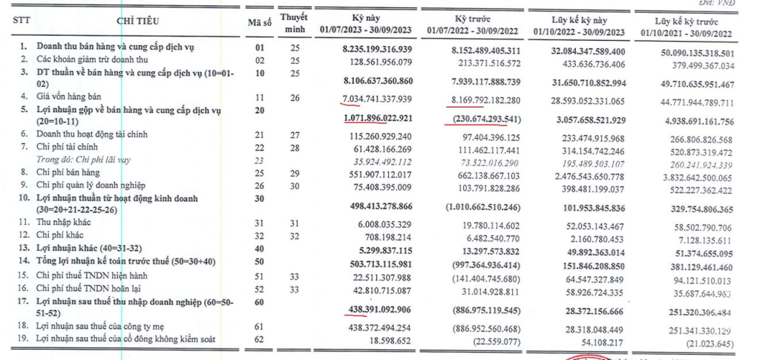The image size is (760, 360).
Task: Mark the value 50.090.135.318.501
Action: coord(696,53)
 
